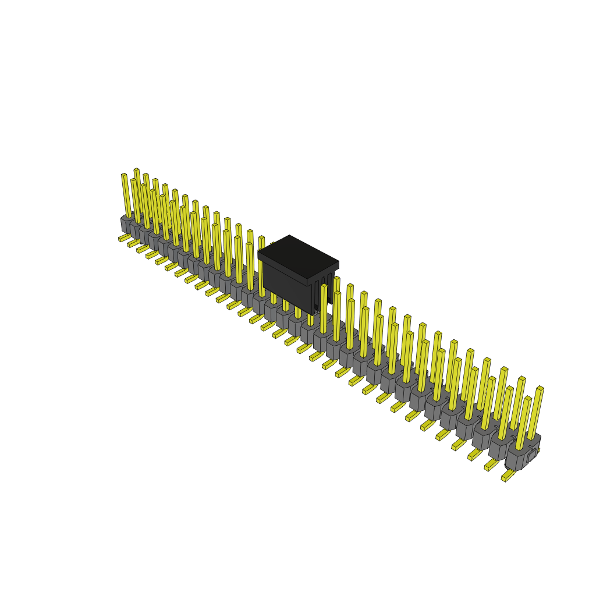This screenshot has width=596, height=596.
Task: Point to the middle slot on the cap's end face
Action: (324, 291)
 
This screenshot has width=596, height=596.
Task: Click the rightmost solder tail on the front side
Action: (508, 476)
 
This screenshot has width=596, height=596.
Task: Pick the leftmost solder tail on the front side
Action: (123, 237)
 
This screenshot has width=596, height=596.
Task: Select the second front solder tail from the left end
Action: (133, 243)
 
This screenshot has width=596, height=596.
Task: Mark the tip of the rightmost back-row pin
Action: (540, 388)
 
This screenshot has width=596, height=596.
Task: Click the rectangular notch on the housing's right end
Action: (531, 457)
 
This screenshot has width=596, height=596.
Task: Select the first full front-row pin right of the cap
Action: (324, 308)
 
